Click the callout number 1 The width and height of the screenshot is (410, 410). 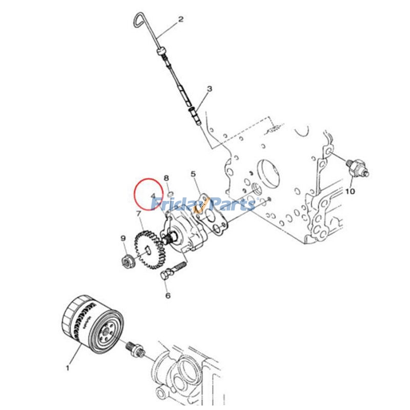[x=68, y=368]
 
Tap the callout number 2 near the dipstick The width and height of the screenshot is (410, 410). [x=181, y=19]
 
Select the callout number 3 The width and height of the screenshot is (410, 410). [x=210, y=89]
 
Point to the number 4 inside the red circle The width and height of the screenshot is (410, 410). [x=153, y=196]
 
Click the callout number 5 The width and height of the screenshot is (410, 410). [x=193, y=174]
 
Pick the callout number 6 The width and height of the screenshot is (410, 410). [x=168, y=296]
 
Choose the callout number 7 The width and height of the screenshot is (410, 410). [x=139, y=214]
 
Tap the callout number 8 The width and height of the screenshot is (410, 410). [x=166, y=178]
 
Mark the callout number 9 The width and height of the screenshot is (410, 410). [x=123, y=238]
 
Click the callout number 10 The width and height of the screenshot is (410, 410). [x=351, y=191]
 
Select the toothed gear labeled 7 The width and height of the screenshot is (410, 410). [x=150, y=250]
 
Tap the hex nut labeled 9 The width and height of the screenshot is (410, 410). [x=128, y=261]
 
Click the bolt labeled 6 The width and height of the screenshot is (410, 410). [x=173, y=271]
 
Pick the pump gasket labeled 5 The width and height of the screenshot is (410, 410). [x=210, y=214]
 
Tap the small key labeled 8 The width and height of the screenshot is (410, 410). [x=170, y=194]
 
